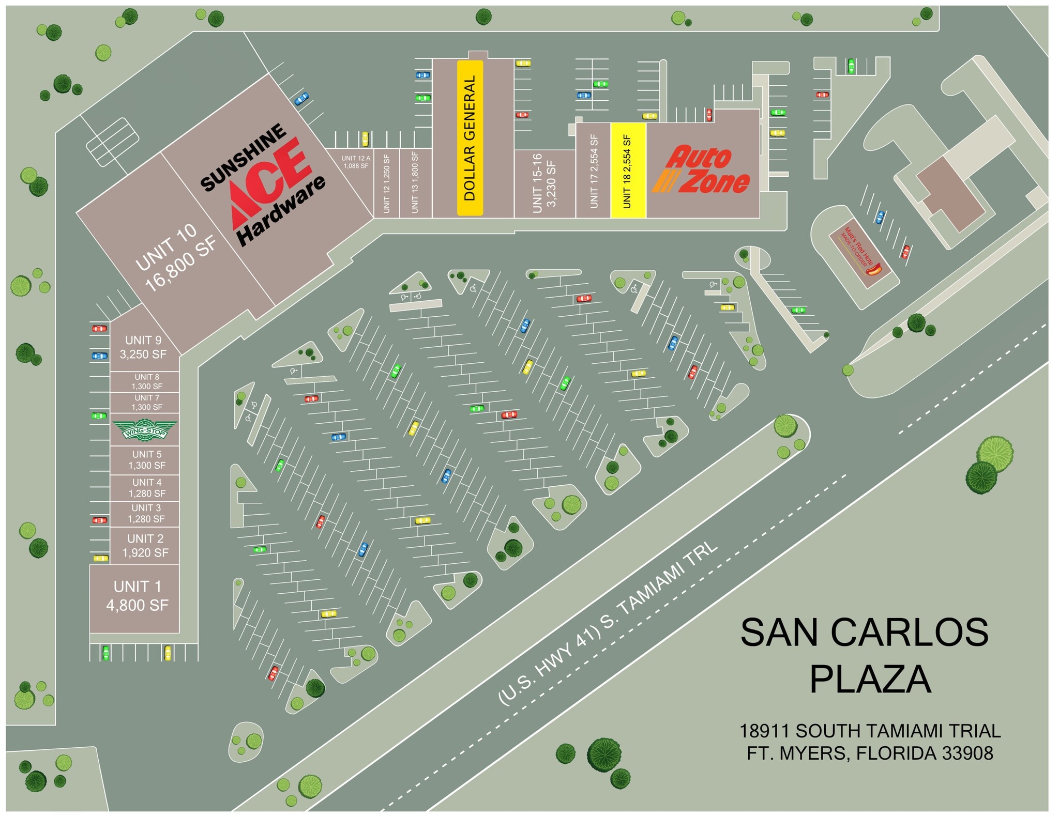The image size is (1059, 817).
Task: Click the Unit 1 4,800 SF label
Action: tap(137, 596)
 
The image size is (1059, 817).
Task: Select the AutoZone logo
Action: tap(702, 169)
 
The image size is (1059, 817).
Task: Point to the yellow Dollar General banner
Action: tap(470, 138)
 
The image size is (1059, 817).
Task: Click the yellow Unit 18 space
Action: tap(628, 171)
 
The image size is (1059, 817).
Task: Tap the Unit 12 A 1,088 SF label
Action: tap(356, 162)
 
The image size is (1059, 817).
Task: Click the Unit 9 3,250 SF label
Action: tap(143, 347)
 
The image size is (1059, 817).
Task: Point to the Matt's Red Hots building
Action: tap(860, 252)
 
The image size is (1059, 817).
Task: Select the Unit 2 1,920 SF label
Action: tap(145, 546)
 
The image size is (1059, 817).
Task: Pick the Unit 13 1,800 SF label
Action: tap(415, 181)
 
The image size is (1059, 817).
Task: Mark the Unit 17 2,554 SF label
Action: tap(594, 171)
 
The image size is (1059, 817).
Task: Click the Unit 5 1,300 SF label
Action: tap(147, 460)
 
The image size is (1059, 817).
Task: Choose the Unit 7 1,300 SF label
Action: tap(147, 403)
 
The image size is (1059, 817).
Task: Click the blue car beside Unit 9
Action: tap(99, 356)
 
